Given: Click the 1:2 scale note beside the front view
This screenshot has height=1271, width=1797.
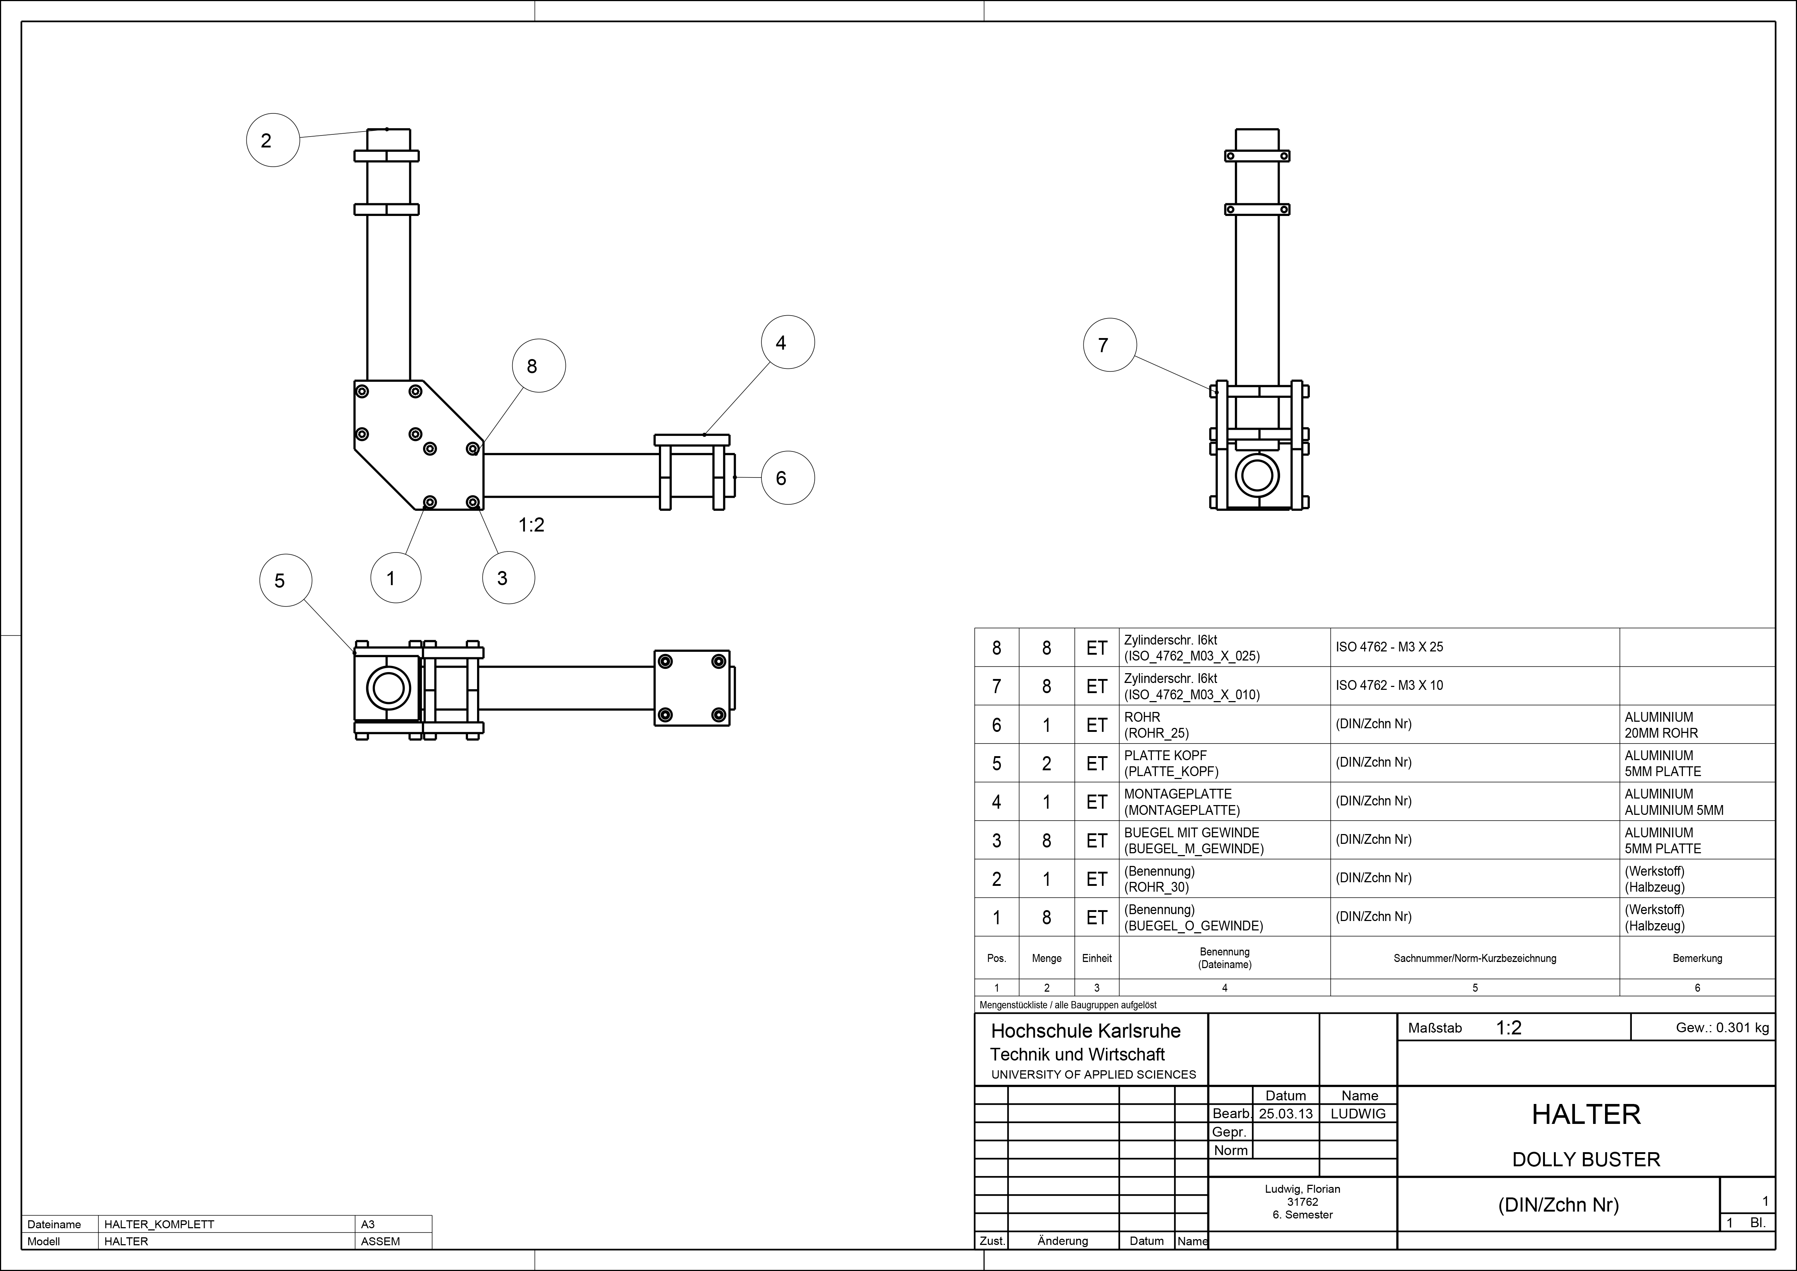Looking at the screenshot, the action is pos(531,525).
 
